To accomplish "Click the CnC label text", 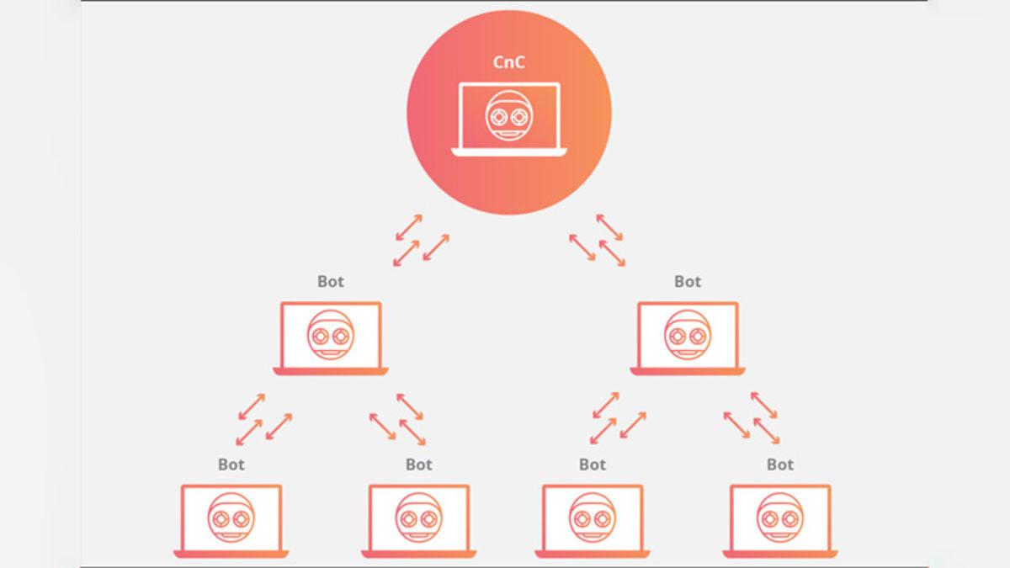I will click(508, 62).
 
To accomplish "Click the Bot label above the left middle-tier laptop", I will click(331, 282).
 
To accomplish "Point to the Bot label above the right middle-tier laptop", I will click(688, 282).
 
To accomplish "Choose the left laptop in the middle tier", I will click(331, 338).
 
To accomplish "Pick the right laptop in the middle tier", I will click(688, 338).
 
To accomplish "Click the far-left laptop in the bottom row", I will click(231, 521).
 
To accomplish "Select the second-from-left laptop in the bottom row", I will click(419, 521).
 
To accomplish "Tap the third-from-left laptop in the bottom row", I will click(593, 521).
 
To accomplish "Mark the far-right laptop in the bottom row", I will click(780, 521).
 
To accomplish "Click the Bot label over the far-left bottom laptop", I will click(231, 464).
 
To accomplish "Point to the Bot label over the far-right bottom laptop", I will click(780, 464).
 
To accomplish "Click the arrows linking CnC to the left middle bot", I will click(421, 240).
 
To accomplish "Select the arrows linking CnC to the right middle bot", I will click(598, 240).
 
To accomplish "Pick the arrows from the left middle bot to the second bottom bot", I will click(397, 418).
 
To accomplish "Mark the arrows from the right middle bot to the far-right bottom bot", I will click(752, 418).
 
